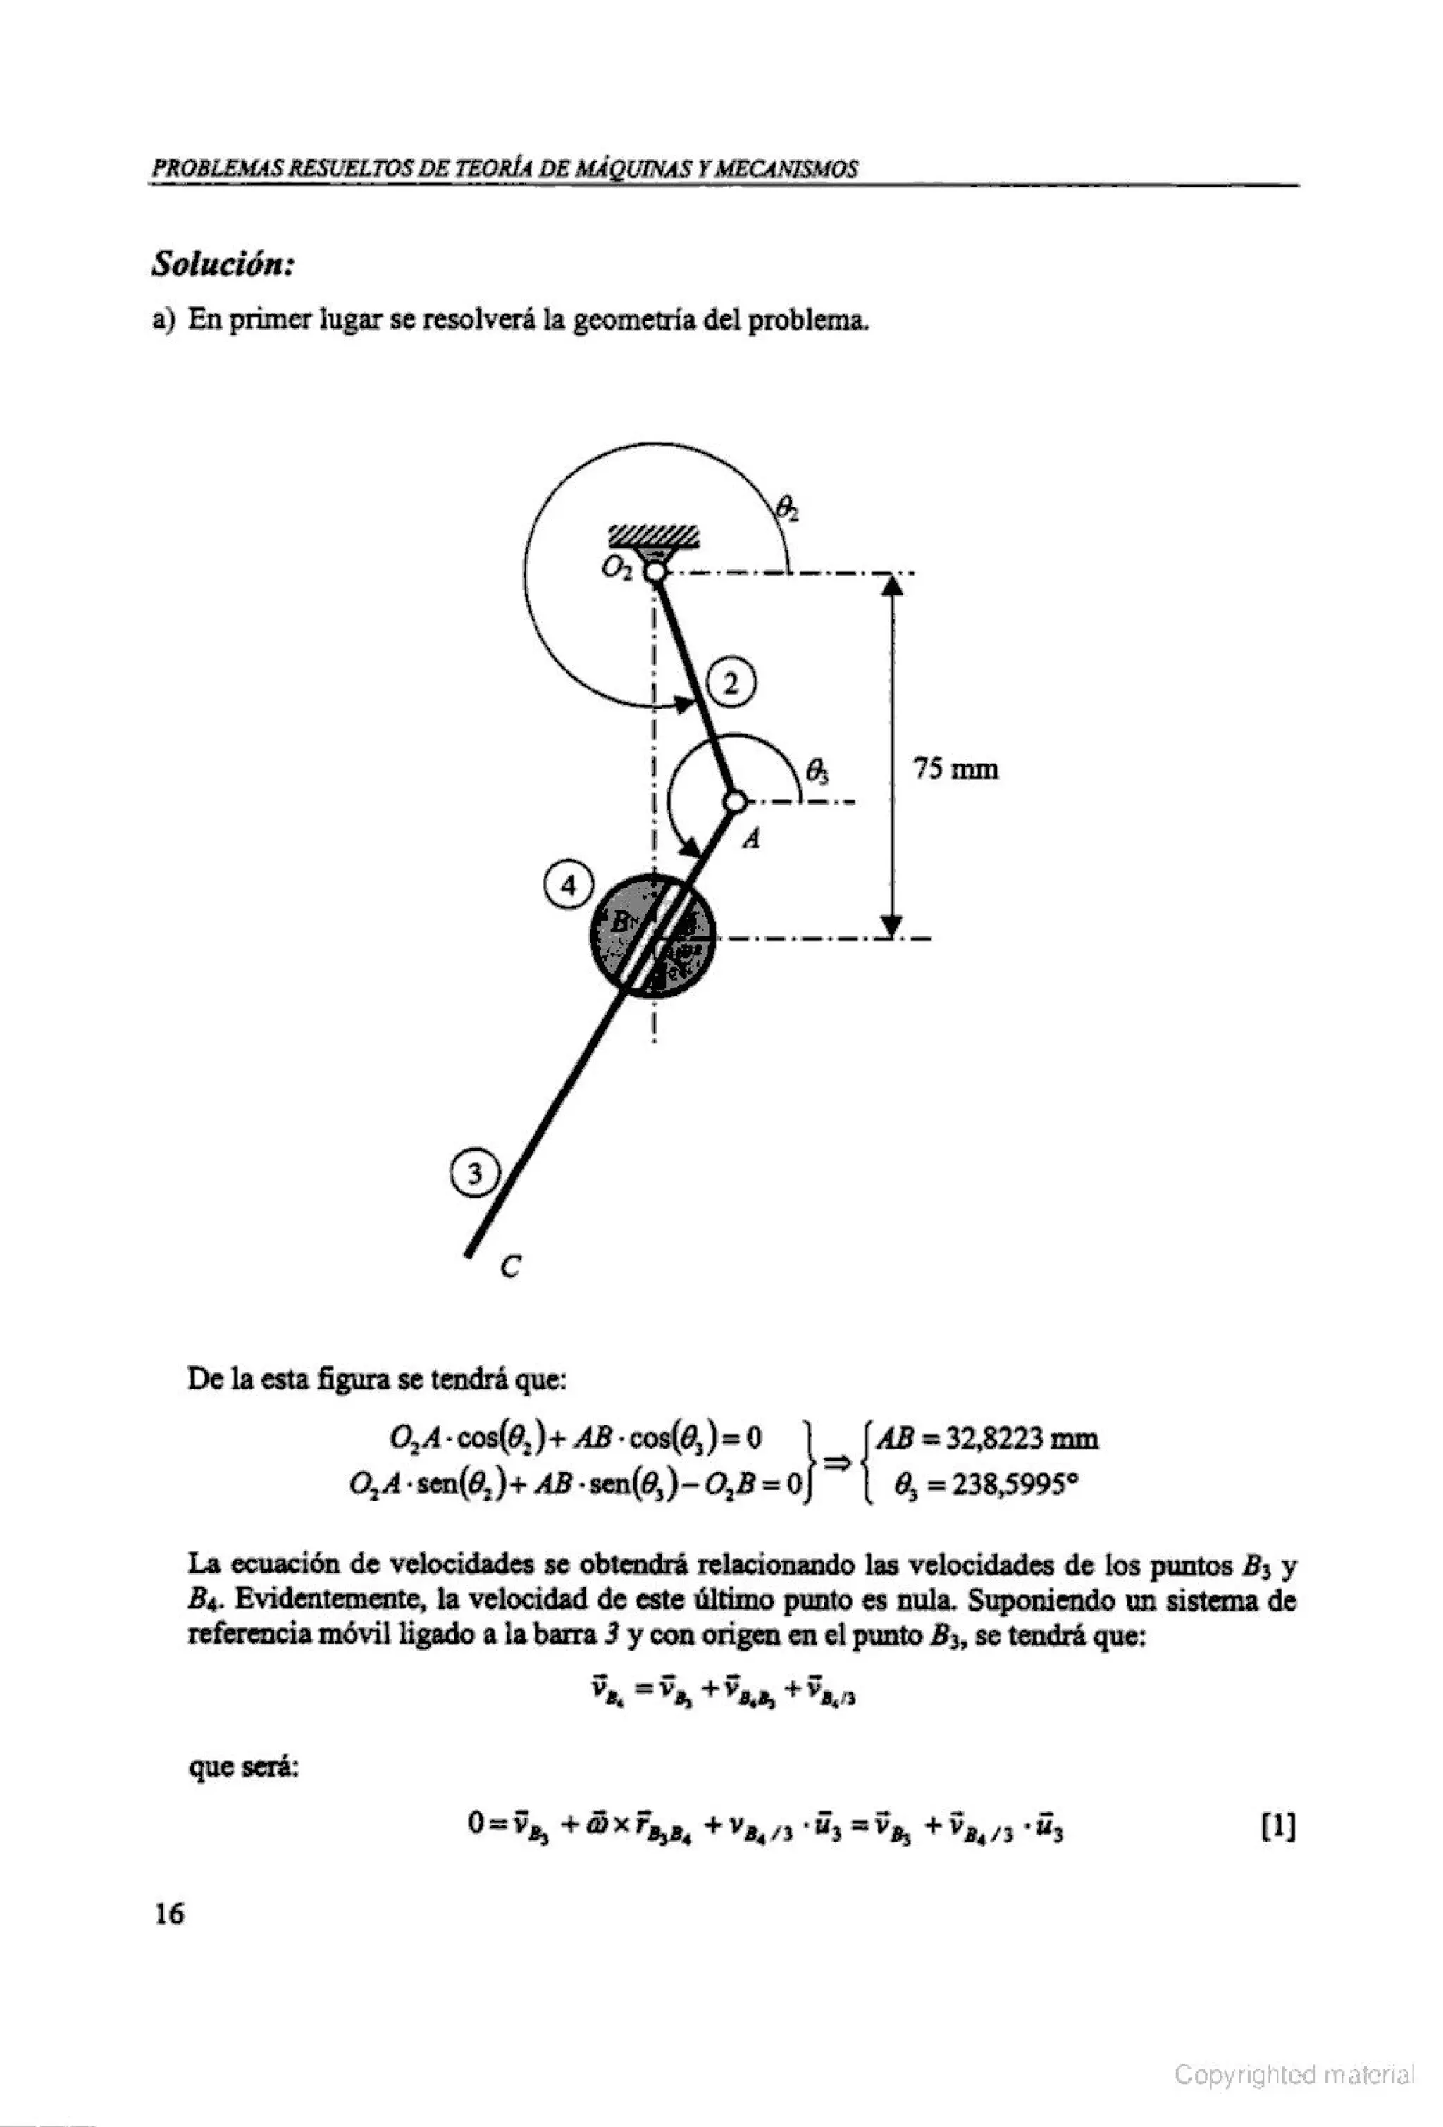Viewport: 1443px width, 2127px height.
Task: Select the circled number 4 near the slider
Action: [x=568, y=886]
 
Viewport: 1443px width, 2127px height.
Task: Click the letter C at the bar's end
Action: [x=511, y=1267]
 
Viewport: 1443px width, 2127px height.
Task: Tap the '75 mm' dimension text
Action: [x=956, y=769]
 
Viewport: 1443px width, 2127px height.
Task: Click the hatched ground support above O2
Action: [x=655, y=536]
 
